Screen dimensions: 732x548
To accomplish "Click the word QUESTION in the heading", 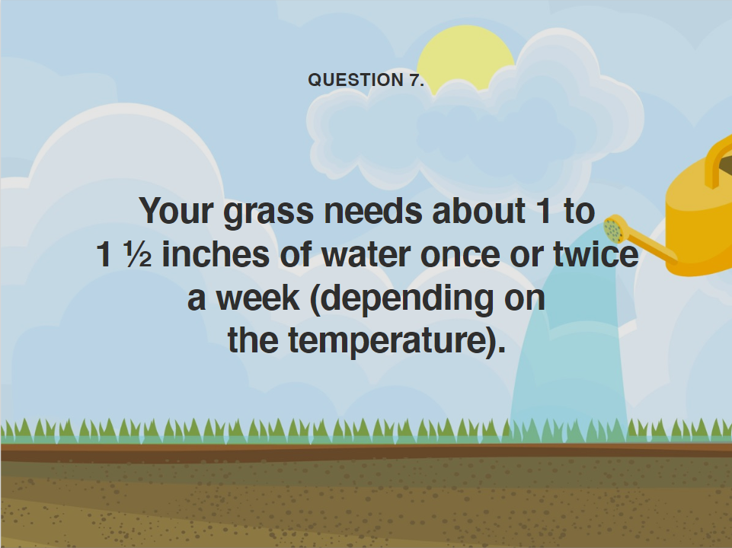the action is [x=356, y=80].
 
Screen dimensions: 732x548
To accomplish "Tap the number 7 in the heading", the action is [x=414, y=80].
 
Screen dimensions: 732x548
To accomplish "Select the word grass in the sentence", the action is [x=268, y=212].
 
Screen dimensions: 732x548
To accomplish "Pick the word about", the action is [x=478, y=211].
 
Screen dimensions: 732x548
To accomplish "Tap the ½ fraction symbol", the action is [x=138, y=255].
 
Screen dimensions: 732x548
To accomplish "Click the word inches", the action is [x=216, y=254].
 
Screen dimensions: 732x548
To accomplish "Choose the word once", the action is [x=460, y=256].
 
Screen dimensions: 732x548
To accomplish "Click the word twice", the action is [x=596, y=254].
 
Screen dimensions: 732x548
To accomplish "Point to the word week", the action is [x=257, y=298].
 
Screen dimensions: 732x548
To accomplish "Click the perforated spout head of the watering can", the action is [x=615, y=228].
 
